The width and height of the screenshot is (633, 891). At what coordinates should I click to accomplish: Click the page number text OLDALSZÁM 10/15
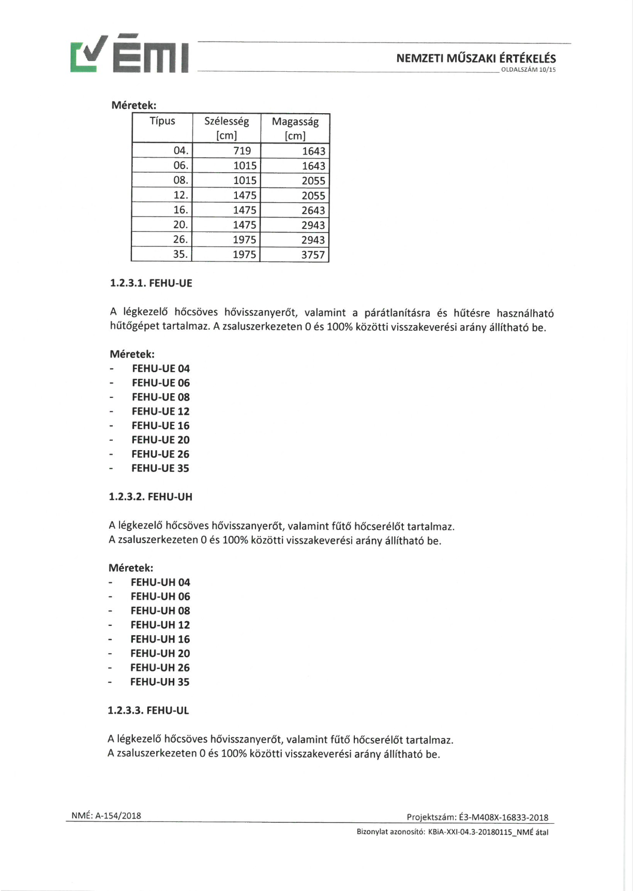pyautogui.click(x=528, y=70)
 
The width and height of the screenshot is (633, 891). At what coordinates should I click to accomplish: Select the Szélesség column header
pyautogui.click(x=227, y=128)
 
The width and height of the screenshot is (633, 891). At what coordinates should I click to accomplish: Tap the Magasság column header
pyautogui.click(x=295, y=128)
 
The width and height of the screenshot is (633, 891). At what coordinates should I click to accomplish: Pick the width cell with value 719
pyautogui.click(x=242, y=151)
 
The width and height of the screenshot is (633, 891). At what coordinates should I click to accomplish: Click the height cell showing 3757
pyautogui.click(x=313, y=255)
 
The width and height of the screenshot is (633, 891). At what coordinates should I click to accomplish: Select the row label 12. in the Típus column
pyautogui.click(x=180, y=195)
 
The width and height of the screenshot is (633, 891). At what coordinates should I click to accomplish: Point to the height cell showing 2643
pyautogui.click(x=313, y=210)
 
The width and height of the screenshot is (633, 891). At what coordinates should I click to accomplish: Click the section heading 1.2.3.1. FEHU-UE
pyautogui.click(x=151, y=283)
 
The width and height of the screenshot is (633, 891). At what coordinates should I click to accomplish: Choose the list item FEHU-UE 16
pyautogui.click(x=160, y=426)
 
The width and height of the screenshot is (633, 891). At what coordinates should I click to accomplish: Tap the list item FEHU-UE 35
pyautogui.click(x=160, y=468)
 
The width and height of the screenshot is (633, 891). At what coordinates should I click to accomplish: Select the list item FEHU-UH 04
pyautogui.click(x=160, y=582)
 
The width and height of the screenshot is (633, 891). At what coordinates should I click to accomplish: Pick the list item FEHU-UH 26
pyautogui.click(x=160, y=668)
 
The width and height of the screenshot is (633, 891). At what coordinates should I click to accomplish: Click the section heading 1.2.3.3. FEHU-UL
pyautogui.click(x=148, y=711)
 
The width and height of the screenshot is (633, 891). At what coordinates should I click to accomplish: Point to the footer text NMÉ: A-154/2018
pyautogui.click(x=106, y=816)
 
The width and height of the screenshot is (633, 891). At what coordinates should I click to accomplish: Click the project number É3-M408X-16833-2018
pyautogui.click(x=503, y=817)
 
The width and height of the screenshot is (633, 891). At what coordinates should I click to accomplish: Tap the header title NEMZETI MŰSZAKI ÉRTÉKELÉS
pyautogui.click(x=476, y=58)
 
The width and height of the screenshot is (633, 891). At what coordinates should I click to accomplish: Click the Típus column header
pyautogui.click(x=162, y=121)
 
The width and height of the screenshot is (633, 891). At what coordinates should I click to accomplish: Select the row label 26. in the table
pyautogui.click(x=180, y=240)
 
